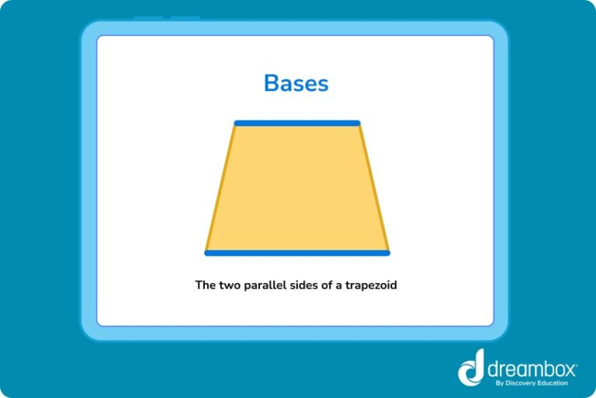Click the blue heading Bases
[x=296, y=82]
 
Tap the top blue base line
[x=297, y=123]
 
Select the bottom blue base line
[x=297, y=253]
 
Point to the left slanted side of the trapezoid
[x=220, y=188]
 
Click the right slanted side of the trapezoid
[x=373, y=188]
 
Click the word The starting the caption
[x=205, y=285]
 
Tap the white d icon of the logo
[x=472, y=367]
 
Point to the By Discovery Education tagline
[x=532, y=382]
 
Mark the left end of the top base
[x=237, y=123]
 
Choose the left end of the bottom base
[x=207, y=253]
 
